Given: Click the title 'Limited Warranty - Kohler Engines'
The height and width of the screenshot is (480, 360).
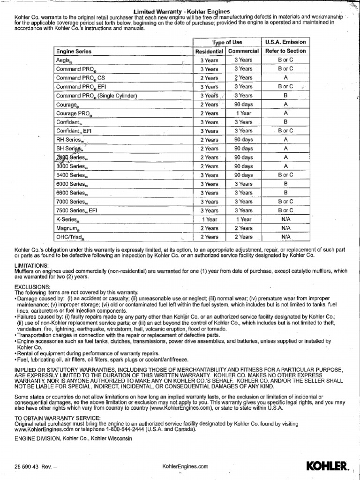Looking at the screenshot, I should tap(182, 11).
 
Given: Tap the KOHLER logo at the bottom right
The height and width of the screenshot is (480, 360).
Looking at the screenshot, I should tap(328, 466).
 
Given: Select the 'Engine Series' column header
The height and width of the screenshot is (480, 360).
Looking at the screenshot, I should tap(74, 51).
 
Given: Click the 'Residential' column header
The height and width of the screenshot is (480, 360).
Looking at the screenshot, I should tap(209, 51).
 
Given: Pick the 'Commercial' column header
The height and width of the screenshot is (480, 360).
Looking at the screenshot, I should tap(243, 51).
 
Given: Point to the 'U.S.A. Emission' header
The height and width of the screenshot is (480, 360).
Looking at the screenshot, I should tap(285, 42).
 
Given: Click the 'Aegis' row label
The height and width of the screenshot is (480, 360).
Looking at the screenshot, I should tap(63, 60).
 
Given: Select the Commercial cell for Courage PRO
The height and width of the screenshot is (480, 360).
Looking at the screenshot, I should tap(243, 113).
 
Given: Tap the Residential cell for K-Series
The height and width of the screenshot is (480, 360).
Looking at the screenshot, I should tap(209, 219).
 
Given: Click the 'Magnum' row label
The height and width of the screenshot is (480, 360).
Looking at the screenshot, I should tap(67, 228).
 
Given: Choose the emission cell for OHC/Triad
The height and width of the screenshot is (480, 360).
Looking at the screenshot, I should tap(285, 237).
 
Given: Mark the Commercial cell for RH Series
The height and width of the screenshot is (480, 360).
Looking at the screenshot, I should tap(243, 140).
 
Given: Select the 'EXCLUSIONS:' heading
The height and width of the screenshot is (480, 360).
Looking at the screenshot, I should tap(32, 286).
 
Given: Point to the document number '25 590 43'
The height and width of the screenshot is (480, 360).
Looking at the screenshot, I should tap(28, 467).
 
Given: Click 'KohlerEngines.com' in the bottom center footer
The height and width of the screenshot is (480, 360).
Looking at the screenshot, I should tap(184, 467).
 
